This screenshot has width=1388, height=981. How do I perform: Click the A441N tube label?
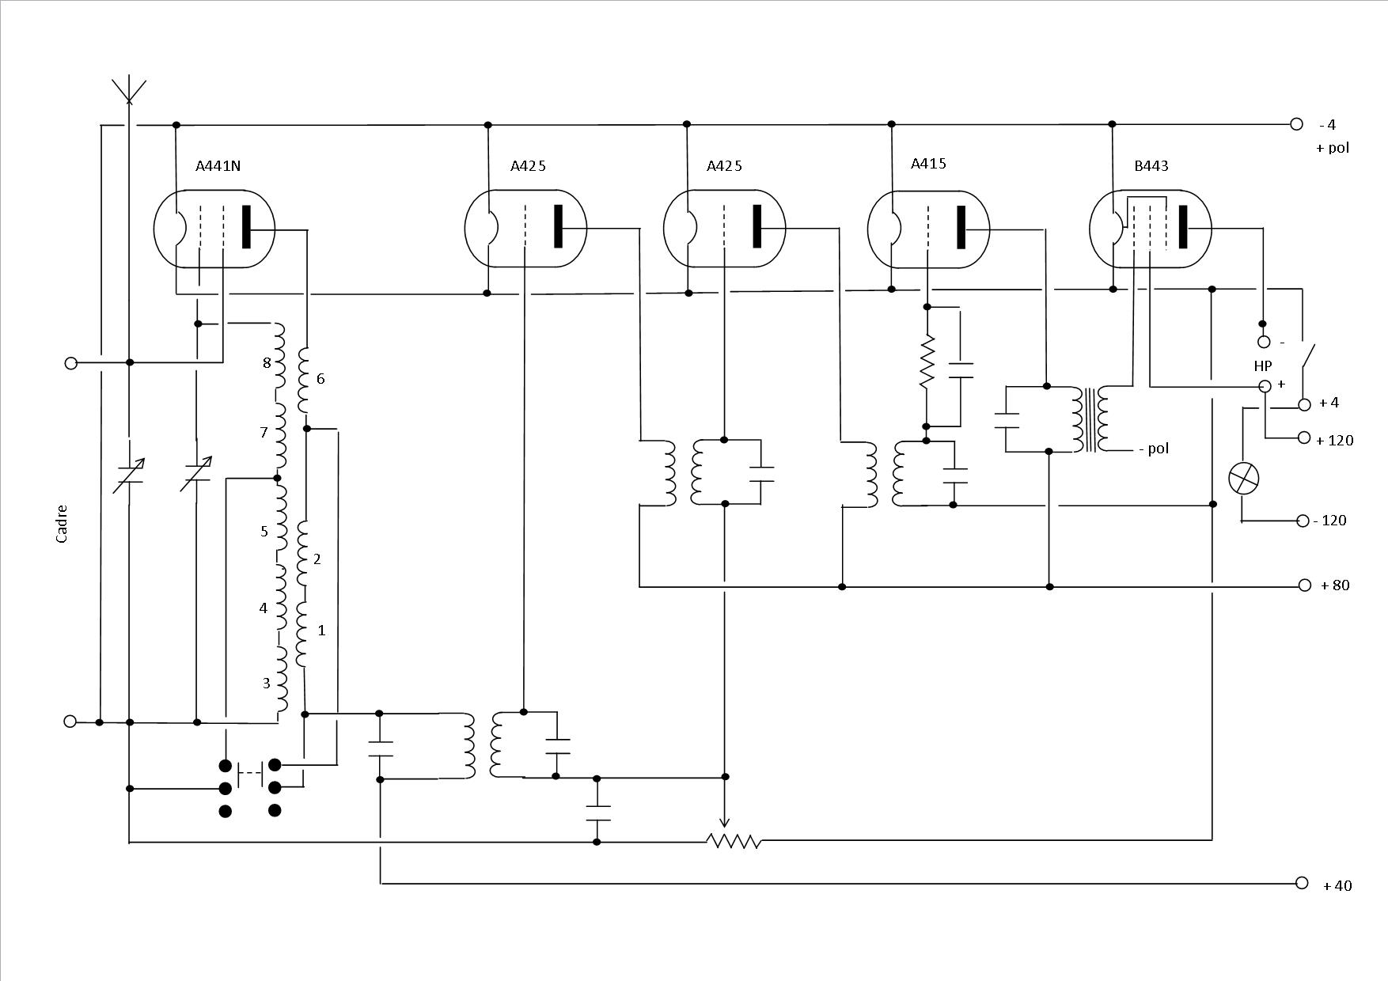tap(218, 166)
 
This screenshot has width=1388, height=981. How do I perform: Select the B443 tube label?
tap(1151, 166)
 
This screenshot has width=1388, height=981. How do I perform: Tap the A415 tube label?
tap(928, 164)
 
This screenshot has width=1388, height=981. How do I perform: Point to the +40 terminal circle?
tap(1302, 883)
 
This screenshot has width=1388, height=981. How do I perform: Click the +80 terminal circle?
tap(1305, 585)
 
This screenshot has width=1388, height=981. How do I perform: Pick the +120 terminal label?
tap(1334, 440)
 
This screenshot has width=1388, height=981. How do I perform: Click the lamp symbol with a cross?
tap(1244, 479)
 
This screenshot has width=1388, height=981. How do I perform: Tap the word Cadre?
tap(62, 524)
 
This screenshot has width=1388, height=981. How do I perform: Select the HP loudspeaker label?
tap(1263, 366)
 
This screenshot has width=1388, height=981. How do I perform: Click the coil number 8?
tap(267, 363)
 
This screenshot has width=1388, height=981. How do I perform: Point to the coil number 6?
tap(320, 379)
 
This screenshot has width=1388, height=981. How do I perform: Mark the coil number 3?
tap(266, 683)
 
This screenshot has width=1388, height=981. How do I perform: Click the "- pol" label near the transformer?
tap(1154, 449)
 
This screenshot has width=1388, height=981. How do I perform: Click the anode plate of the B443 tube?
tap(1183, 227)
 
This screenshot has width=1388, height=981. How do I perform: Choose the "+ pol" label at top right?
tap(1333, 148)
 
